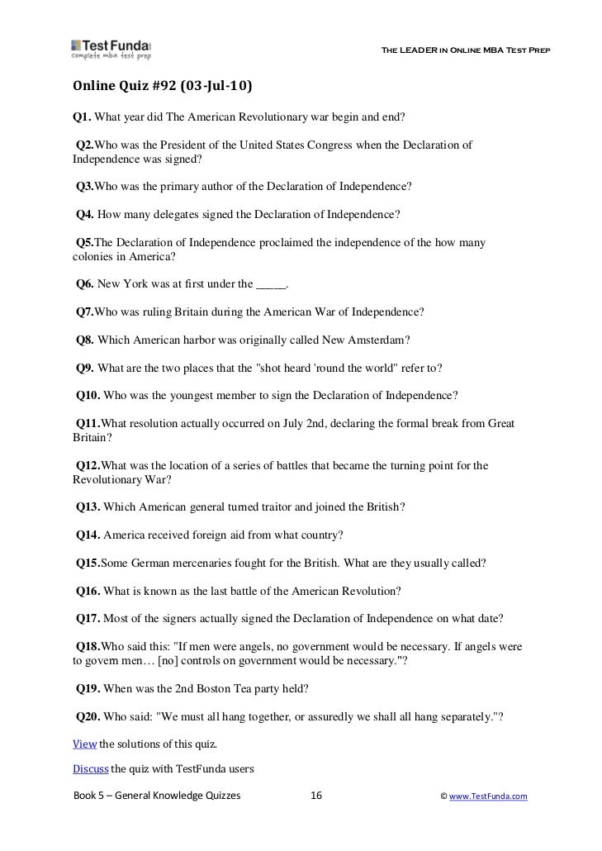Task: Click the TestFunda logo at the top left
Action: [111, 50]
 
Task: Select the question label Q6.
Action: [84, 284]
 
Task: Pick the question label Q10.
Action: [87, 394]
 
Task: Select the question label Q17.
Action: [87, 618]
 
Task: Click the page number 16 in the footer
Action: [315, 796]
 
